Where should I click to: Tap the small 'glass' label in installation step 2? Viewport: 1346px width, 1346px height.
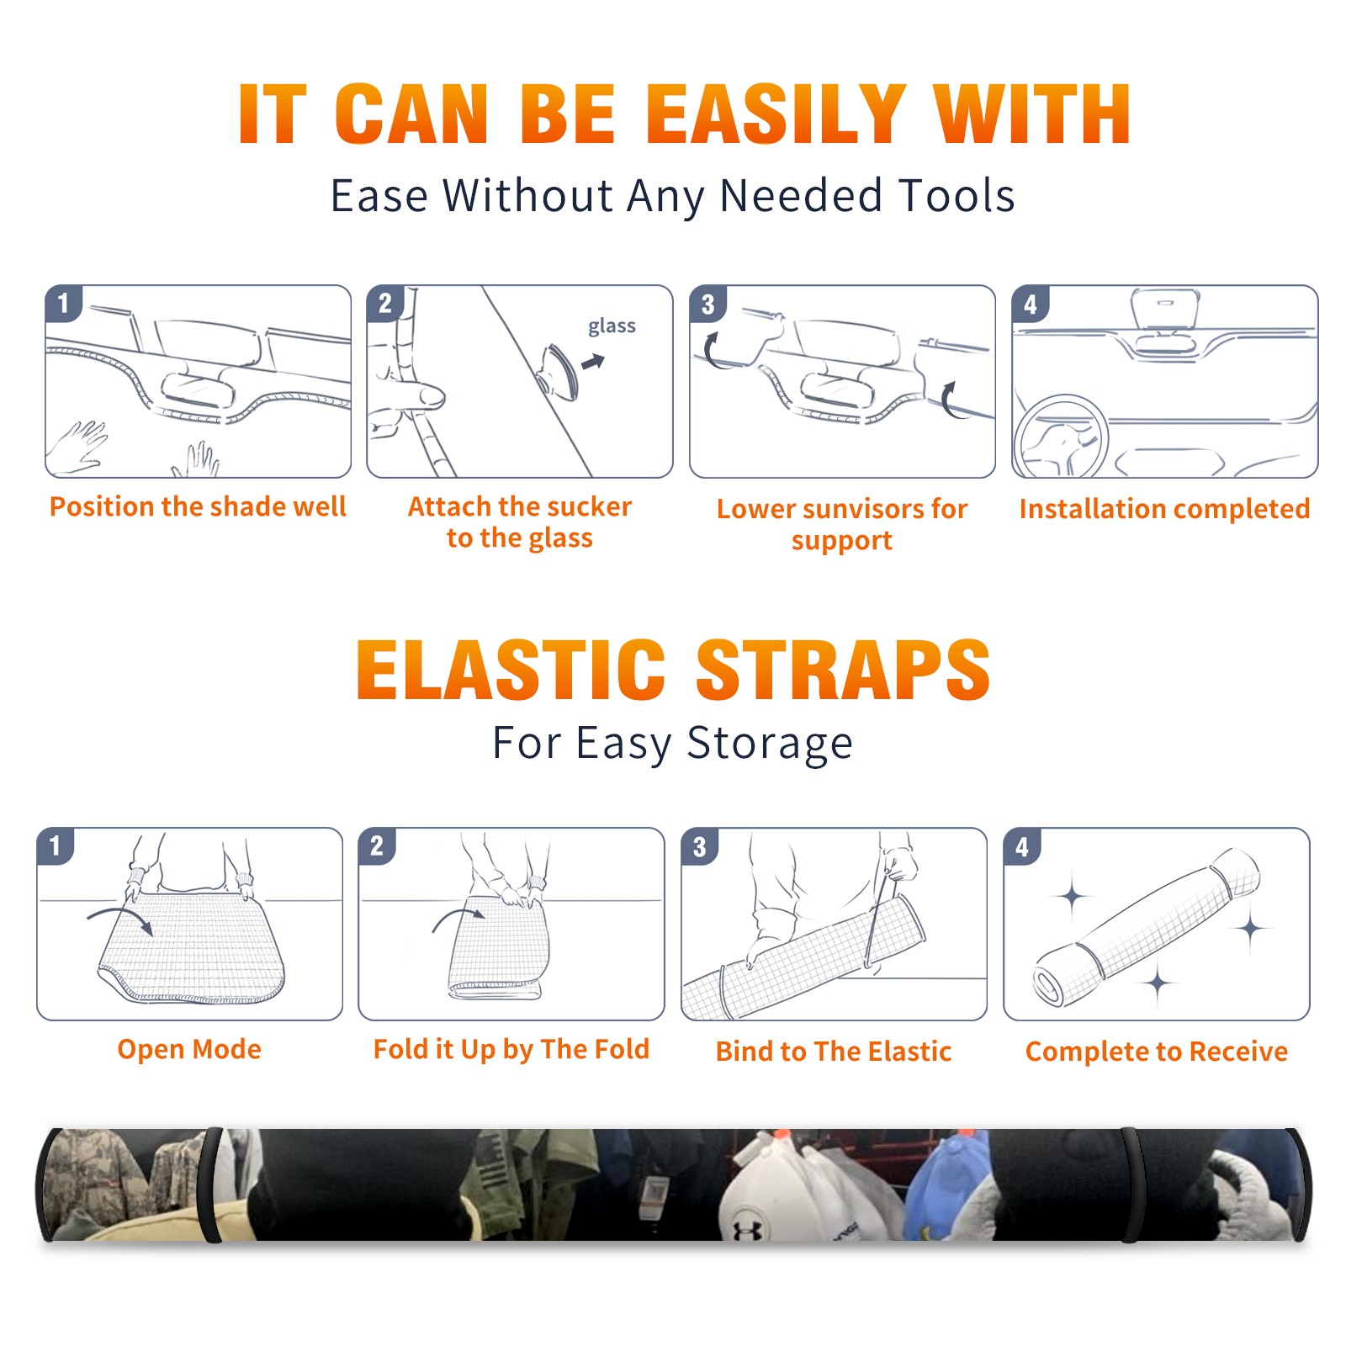[612, 326]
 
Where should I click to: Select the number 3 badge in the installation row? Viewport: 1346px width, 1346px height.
[707, 304]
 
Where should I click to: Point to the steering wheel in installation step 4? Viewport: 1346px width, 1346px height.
[1060, 437]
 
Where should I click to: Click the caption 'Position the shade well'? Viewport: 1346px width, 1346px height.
[198, 506]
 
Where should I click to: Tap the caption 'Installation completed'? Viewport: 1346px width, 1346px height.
[1164, 509]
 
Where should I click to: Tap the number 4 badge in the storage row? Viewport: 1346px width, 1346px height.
[1022, 846]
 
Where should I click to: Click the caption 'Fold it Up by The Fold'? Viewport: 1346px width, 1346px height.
[511, 1049]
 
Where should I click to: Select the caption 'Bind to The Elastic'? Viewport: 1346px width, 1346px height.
[834, 1052]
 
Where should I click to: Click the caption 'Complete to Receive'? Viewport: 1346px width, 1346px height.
[1157, 1052]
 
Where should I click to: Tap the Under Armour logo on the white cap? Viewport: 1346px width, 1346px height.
[747, 1229]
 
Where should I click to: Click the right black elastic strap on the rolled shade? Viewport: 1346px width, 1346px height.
[1131, 1185]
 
